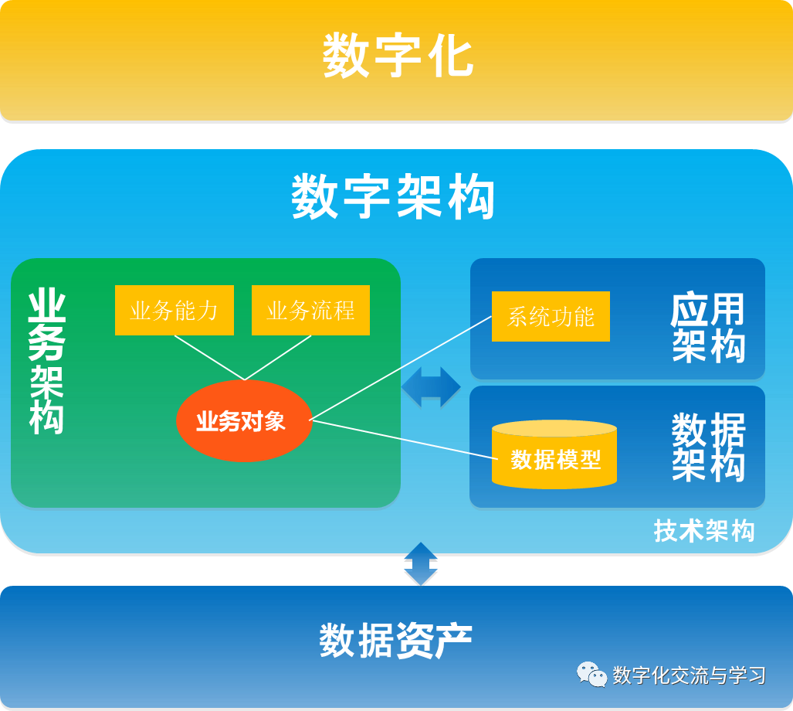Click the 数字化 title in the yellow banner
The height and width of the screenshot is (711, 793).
(x=397, y=56)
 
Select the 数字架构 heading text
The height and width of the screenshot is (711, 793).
(x=393, y=197)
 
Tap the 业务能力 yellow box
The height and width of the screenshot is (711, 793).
(x=174, y=311)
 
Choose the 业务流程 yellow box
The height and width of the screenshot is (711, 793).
(x=310, y=311)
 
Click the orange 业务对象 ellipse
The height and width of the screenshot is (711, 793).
(x=243, y=421)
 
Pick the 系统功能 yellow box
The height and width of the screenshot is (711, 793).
(x=551, y=317)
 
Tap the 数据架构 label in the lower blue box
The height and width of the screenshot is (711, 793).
(x=708, y=447)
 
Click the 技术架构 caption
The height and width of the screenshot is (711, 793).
(x=703, y=531)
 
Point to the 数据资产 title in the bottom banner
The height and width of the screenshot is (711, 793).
(x=395, y=641)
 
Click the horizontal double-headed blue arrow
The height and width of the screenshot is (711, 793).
(x=431, y=387)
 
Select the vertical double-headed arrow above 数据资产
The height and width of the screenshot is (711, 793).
(x=421, y=563)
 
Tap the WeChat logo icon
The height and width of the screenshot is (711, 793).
(x=592, y=675)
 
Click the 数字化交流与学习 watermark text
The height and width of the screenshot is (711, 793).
(x=689, y=675)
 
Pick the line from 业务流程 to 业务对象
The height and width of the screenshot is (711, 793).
(x=278, y=357)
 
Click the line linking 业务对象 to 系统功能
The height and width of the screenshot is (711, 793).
(x=402, y=368)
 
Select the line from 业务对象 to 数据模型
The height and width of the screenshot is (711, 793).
(x=402, y=438)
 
